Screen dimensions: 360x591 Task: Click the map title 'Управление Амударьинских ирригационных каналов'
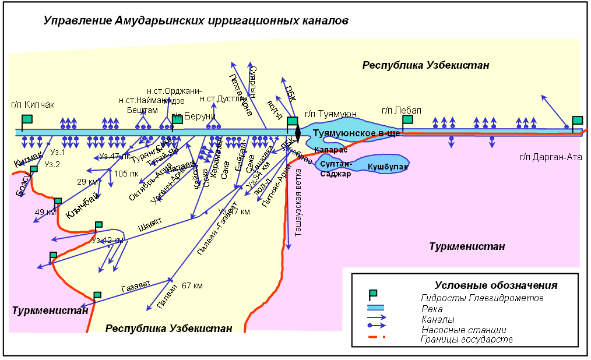[x=196, y=22]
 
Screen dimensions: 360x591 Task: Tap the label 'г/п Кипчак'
[x=32, y=105]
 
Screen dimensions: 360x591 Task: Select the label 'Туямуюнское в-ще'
[x=356, y=133]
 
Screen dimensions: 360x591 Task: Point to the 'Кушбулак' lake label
[x=388, y=167]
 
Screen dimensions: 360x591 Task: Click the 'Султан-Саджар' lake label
[x=335, y=170]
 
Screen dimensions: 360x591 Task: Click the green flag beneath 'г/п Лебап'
[x=407, y=119]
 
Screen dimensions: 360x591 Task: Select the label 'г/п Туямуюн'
[x=330, y=114]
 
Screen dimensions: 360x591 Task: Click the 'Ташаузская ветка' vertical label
[x=298, y=202]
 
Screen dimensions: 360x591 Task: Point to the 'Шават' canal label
[x=150, y=225]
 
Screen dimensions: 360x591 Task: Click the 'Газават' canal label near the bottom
[x=136, y=286]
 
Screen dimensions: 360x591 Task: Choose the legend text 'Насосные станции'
[x=464, y=330]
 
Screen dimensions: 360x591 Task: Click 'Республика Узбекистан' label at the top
[x=425, y=65]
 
